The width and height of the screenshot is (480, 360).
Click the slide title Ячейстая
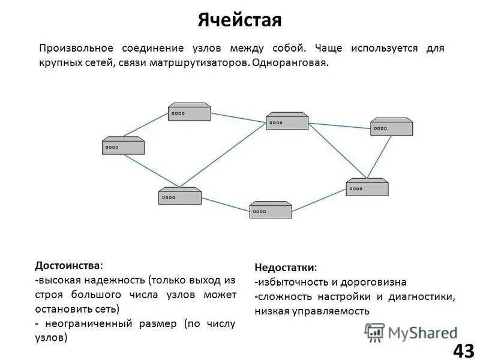(239, 21)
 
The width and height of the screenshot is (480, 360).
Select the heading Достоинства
(68, 265)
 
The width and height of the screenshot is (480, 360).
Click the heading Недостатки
(285, 267)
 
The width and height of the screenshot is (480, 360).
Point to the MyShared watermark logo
(410, 332)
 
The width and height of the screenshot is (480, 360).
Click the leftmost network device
(123, 146)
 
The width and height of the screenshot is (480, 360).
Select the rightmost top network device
(391, 127)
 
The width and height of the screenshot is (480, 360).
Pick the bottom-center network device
(271, 209)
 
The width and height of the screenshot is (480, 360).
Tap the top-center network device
(287, 121)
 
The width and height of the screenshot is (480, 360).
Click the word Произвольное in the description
(77, 48)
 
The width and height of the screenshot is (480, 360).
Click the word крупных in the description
(59, 63)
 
